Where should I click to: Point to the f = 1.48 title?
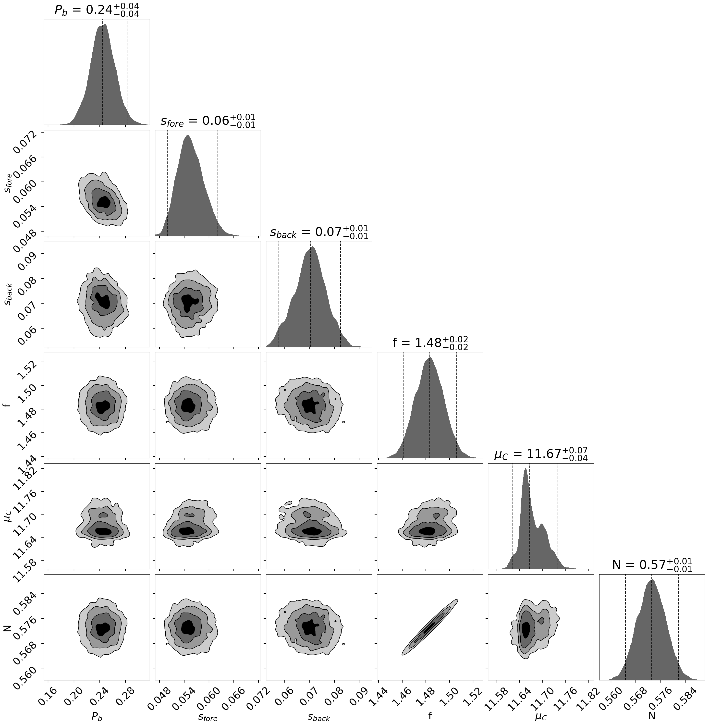point(430,343)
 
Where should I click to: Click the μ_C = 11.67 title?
point(541,454)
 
